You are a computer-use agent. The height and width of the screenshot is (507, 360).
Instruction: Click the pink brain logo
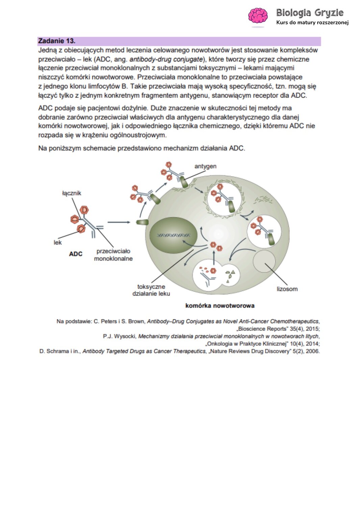pyautogui.click(x=258, y=16)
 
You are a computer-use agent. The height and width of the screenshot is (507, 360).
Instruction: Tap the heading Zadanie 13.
pyautogui.click(x=57, y=41)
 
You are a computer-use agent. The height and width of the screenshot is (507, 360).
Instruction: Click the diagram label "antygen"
pyautogui.click(x=205, y=166)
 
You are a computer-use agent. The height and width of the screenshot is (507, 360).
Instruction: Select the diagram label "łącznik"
pyautogui.click(x=72, y=193)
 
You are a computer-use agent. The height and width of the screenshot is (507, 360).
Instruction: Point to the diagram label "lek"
pyautogui.click(x=57, y=242)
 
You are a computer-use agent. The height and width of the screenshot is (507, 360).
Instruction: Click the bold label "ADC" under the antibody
pyautogui.click(x=76, y=254)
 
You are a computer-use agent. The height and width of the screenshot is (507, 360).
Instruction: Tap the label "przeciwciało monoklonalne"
pyautogui.click(x=113, y=255)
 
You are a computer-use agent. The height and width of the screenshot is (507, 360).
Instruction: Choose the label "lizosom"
pyautogui.click(x=287, y=289)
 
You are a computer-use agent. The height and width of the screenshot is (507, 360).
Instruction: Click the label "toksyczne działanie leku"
pyautogui.click(x=151, y=290)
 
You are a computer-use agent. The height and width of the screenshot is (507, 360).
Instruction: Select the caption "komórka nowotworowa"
pyautogui.click(x=220, y=306)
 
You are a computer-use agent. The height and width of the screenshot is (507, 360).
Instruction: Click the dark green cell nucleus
pyautogui.click(x=173, y=235)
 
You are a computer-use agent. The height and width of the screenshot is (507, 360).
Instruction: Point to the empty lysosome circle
pyautogui.click(x=264, y=261)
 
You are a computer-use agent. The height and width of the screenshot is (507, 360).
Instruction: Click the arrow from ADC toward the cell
pyautogui.click(x=119, y=222)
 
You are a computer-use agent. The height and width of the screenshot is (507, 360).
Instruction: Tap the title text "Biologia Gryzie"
pyautogui.click(x=310, y=13)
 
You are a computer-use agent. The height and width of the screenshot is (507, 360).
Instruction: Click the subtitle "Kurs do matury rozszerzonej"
pyautogui.click(x=312, y=23)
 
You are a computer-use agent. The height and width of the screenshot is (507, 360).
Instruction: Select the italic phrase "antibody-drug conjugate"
pyautogui.click(x=166, y=59)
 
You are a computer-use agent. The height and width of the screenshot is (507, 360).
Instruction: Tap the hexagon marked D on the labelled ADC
pyautogui.click(x=84, y=210)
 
